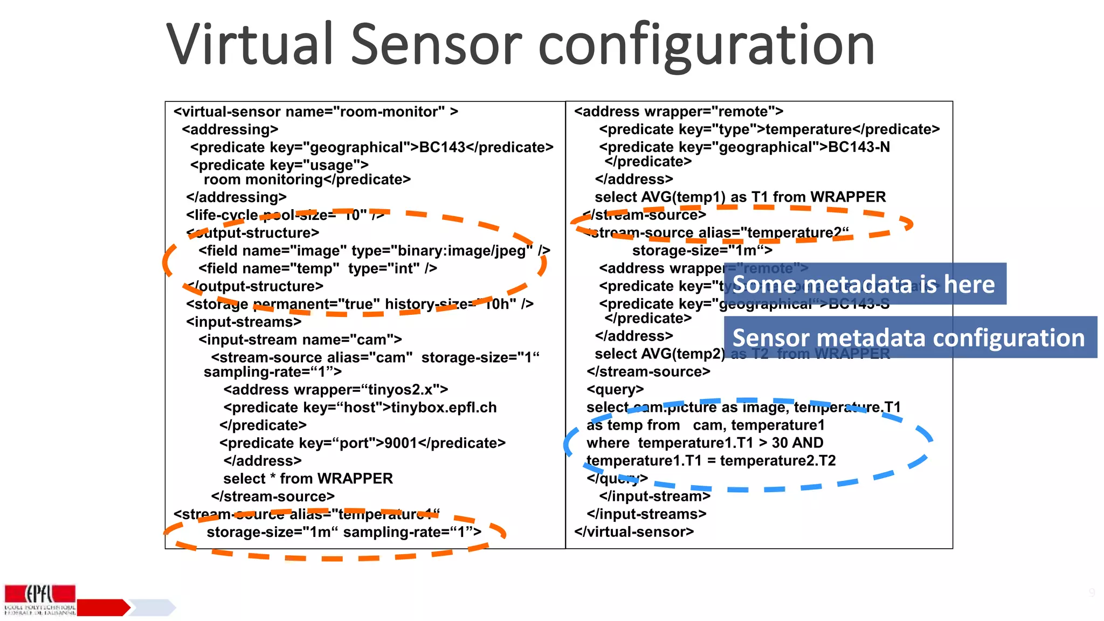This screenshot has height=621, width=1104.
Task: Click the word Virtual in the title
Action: tap(251, 44)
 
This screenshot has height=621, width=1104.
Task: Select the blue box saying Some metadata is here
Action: tap(864, 284)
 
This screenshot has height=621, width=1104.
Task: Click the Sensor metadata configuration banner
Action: tap(909, 337)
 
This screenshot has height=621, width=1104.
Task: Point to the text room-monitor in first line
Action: tap(389, 112)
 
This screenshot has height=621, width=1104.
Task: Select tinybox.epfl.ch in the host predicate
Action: tap(444, 408)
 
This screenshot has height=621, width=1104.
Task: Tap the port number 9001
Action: tap(401, 443)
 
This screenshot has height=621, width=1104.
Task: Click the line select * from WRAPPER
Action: tap(308, 479)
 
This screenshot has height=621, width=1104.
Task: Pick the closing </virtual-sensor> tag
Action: tap(634, 532)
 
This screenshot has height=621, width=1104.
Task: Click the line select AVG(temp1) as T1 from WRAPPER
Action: tap(740, 197)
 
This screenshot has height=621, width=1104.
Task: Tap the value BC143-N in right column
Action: tap(859, 147)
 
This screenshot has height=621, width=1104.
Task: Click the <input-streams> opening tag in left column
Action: tap(244, 322)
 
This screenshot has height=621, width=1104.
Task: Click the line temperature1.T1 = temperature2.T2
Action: tap(710, 461)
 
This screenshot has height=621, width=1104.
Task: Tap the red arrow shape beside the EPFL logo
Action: tap(103, 608)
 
